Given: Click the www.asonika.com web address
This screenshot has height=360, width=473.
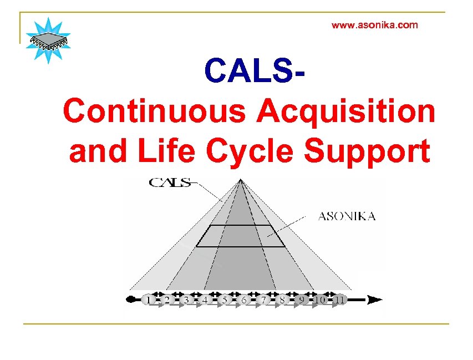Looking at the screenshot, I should pyautogui.click(x=374, y=25).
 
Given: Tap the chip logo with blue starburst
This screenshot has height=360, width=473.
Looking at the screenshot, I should pyautogui.click(x=48, y=40).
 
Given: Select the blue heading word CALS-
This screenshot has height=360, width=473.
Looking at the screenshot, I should pyautogui.click(x=255, y=70).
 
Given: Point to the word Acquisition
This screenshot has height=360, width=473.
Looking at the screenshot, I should pyautogui.click(x=345, y=111).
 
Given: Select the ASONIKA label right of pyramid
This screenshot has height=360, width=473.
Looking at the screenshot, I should pyautogui.click(x=347, y=216).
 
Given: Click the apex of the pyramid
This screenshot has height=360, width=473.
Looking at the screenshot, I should pyautogui.click(x=240, y=179).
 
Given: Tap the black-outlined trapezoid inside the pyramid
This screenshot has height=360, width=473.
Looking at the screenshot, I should pyautogui.click(x=241, y=236).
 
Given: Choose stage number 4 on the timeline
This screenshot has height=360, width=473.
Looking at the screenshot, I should pyautogui.click(x=205, y=300).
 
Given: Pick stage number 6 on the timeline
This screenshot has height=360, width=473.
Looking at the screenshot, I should pyautogui.click(x=243, y=300).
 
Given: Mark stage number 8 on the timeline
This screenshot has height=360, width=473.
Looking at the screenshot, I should pyautogui.click(x=282, y=300).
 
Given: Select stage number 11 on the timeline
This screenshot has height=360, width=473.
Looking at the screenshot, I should pyautogui.click(x=339, y=300).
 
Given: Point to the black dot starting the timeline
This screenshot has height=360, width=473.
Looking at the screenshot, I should pyautogui.click(x=130, y=300).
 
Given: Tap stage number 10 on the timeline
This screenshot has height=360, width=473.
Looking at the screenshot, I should pyautogui.click(x=320, y=300).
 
